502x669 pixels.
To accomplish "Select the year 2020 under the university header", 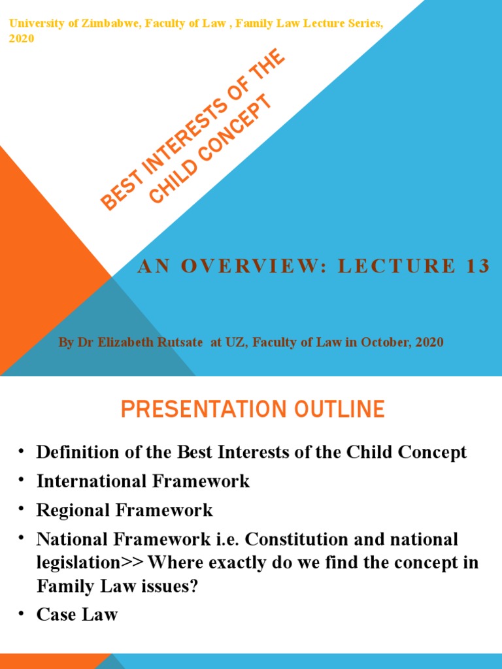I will point(22,39).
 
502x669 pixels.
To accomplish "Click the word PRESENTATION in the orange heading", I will point(194,410).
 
